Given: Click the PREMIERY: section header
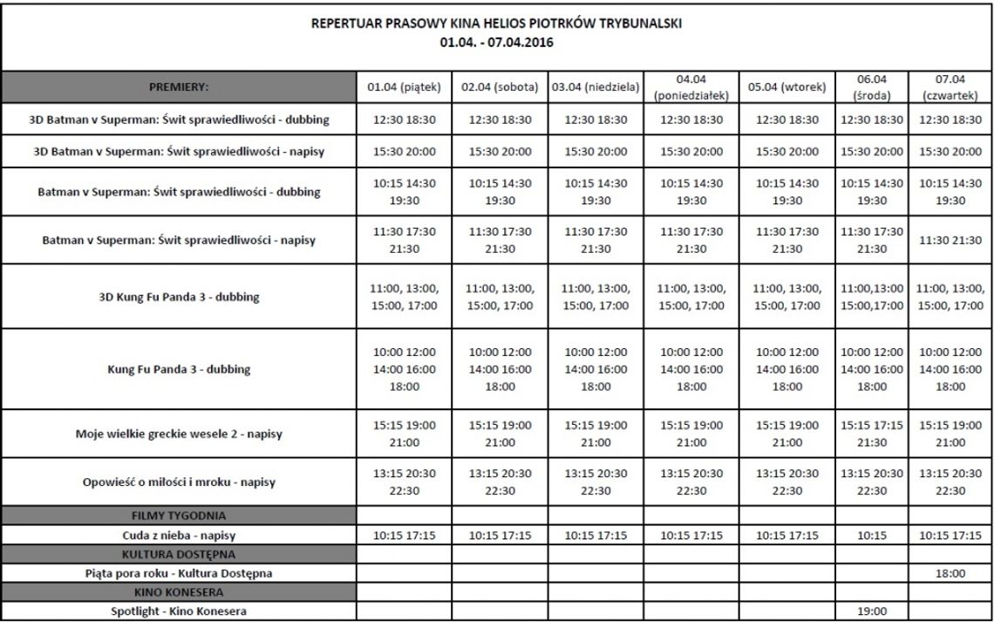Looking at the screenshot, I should pyautogui.click(x=179, y=86).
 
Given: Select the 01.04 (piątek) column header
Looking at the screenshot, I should pyautogui.click(x=405, y=86).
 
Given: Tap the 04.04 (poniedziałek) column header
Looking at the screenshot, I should pyautogui.click(x=691, y=86).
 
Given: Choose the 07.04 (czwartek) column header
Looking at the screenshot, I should pyautogui.click(x=950, y=86).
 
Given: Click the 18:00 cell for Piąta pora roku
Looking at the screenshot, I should pyautogui.click(x=950, y=573).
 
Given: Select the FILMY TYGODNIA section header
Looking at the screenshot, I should pyautogui.click(x=179, y=516).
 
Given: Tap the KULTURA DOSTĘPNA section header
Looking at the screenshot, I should pyautogui.click(x=179, y=554).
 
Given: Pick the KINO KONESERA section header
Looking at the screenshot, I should pyautogui.click(x=179, y=593).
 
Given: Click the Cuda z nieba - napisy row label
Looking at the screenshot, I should pyautogui.click(x=179, y=535).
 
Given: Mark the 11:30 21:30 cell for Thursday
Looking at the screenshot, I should pyautogui.click(x=950, y=240).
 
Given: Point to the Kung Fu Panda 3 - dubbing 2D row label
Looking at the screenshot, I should pyautogui.click(x=179, y=369).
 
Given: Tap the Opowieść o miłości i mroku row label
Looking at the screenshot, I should pyautogui.click(x=179, y=481).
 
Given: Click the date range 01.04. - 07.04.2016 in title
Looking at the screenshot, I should pyautogui.click(x=497, y=41).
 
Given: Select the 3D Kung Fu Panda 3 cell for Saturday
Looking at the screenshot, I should pyautogui.click(x=500, y=297).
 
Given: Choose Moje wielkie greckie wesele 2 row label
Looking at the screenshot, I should pyautogui.click(x=179, y=434).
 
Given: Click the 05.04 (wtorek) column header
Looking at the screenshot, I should pyautogui.click(x=786, y=86).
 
